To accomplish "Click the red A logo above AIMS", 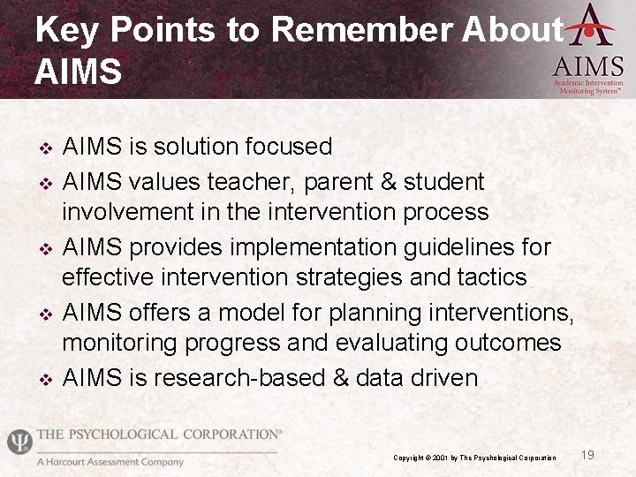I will click(x=589, y=25).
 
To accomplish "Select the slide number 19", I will click(x=587, y=455).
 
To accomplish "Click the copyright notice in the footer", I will click(x=474, y=458).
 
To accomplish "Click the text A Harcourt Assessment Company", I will click(x=110, y=462).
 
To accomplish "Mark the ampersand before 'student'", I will click(x=386, y=182).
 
